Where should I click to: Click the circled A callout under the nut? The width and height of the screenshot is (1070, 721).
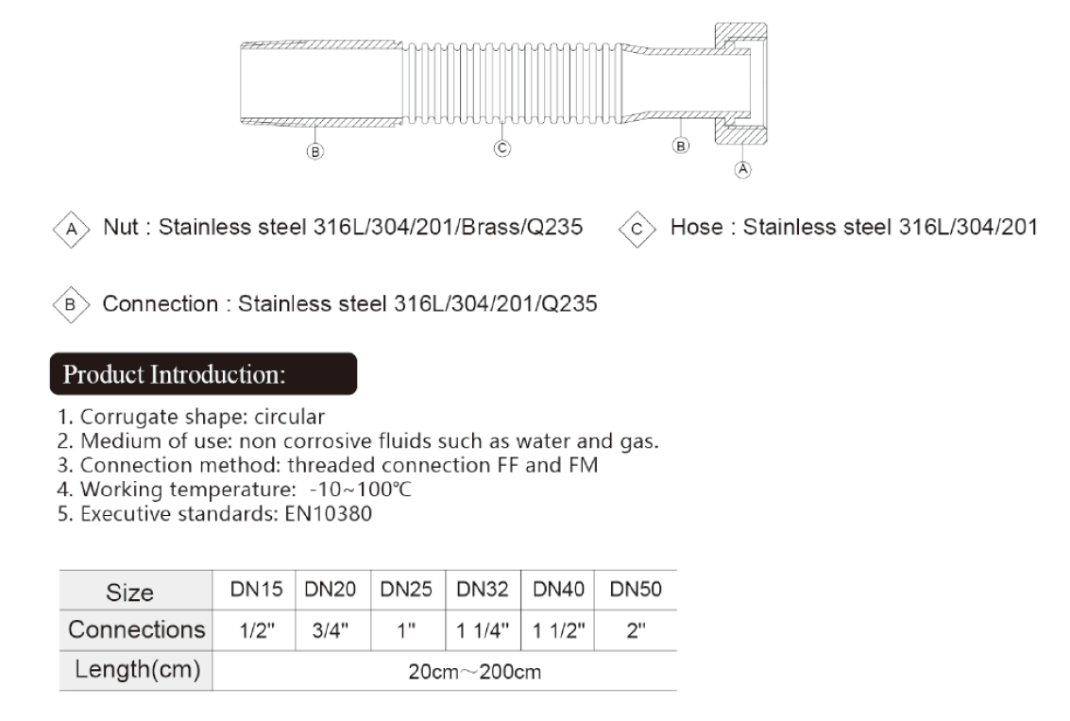pyautogui.click(x=742, y=169)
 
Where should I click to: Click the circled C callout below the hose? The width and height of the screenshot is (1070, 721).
pyautogui.click(x=502, y=148)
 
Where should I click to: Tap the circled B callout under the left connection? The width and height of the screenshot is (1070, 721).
pyautogui.click(x=314, y=151)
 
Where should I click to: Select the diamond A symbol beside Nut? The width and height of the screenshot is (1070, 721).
pyautogui.click(x=72, y=230)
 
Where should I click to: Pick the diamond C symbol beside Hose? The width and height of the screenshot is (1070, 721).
pyautogui.click(x=637, y=230)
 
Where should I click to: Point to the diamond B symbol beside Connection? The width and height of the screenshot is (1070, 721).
pyautogui.click(x=71, y=304)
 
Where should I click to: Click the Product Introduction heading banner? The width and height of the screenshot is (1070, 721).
pyautogui.click(x=203, y=373)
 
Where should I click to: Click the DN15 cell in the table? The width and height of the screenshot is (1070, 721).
pyautogui.click(x=256, y=590)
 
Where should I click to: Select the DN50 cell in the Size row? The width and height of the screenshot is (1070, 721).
pyautogui.click(x=636, y=590)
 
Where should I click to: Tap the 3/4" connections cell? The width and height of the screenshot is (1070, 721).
pyautogui.click(x=331, y=630)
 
